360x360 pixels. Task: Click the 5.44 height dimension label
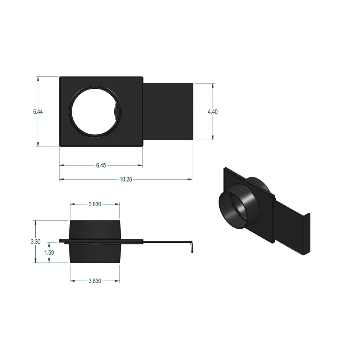coord(38,112)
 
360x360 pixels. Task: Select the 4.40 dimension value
coord(213,112)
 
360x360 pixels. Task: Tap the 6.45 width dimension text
coord(101,165)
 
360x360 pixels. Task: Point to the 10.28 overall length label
coord(126,179)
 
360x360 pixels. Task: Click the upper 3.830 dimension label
coord(95,204)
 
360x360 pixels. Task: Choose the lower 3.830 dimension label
coord(95,281)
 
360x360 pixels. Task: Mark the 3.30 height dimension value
coord(35,242)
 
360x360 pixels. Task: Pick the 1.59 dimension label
coord(49,252)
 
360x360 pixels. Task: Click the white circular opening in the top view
coord(95,112)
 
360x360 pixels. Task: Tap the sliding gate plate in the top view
coord(168,112)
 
